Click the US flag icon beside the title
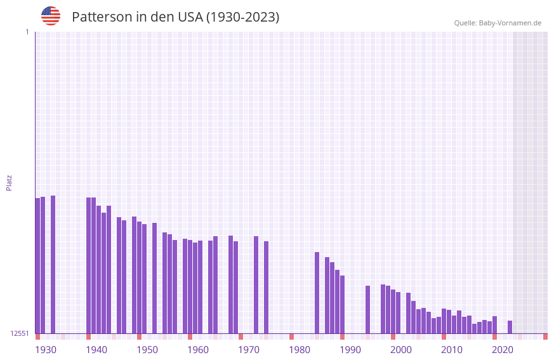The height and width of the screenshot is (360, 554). pyautogui.click(x=51, y=16)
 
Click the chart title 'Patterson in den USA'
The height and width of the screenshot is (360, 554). pyautogui.click(x=175, y=17)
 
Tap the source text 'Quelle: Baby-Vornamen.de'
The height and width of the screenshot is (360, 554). pyautogui.click(x=498, y=23)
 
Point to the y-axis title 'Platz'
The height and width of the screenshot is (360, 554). pyautogui.click(x=9, y=182)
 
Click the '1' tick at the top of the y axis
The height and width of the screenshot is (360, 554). pyautogui.click(x=27, y=32)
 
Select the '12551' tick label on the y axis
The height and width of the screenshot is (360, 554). pyautogui.click(x=20, y=333)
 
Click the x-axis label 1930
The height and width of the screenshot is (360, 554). pyautogui.click(x=46, y=350)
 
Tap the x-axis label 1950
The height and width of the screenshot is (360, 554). pyautogui.click(x=147, y=350)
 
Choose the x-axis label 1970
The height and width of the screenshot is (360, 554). pyautogui.click(x=249, y=350)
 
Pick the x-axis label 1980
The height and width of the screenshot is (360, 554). pyautogui.click(x=300, y=350)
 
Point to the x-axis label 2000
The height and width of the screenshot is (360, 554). pyautogui.click(x=401, y=350)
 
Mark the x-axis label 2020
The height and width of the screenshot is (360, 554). pyautogui.click(x=503, y=350)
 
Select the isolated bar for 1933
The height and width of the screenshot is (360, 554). pyautogui.click(x=53, y=264)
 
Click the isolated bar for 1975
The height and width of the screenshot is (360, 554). pyautogui.click(x=266, y=287)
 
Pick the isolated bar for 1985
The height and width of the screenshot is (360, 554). pyautogui.click(x=317, y=293)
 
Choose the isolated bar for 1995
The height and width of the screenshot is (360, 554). pyautogui.click(x=367, y=309)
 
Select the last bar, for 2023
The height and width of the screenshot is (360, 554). pyautogui.click(x=510, y=327)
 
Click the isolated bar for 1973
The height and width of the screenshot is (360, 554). pyautogui.click(x=256, y=284)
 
